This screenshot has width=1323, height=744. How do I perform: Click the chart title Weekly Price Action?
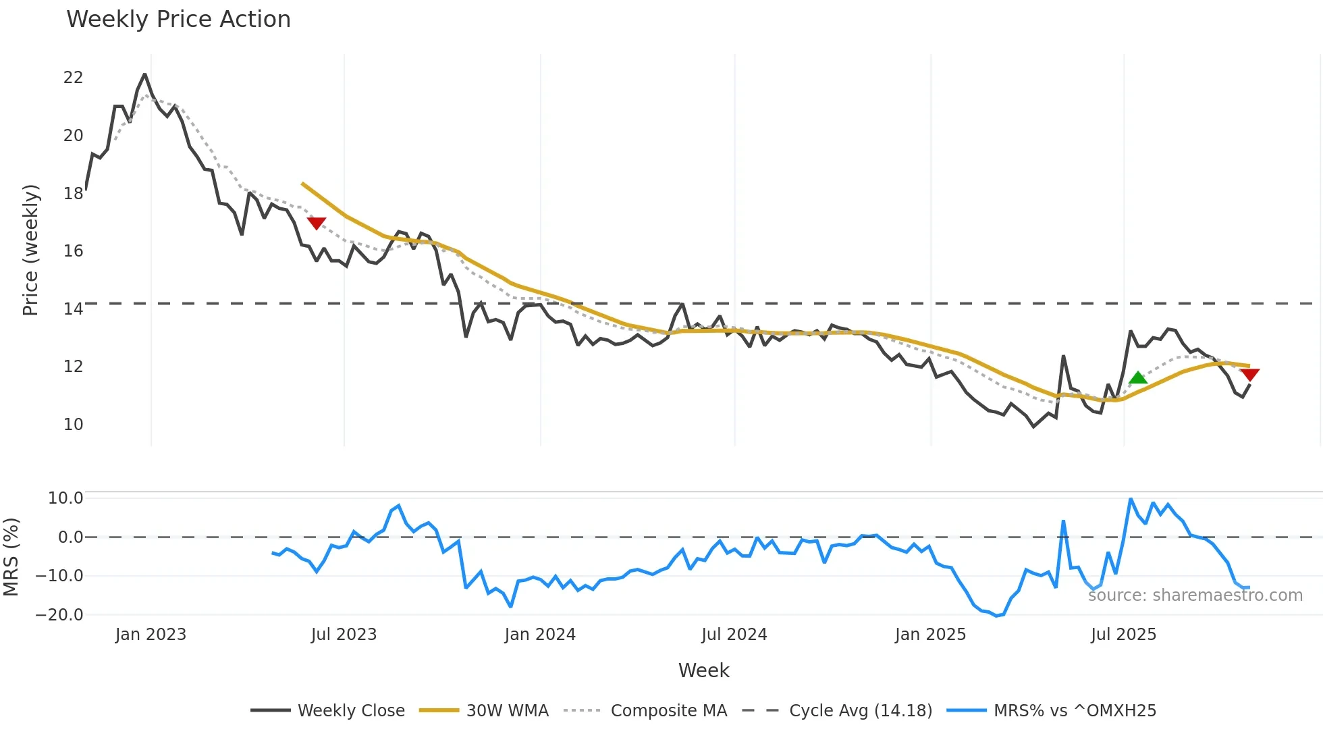click(178, 20)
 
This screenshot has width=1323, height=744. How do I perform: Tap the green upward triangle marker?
click(1138, 377)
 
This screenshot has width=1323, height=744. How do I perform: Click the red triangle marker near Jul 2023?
click(317, 223)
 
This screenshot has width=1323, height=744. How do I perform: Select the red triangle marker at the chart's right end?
click(1249, 375)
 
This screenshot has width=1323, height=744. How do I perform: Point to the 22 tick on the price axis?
click(73, 78)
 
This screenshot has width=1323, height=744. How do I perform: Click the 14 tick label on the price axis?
click(73, 309)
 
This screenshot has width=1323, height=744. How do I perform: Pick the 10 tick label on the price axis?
click(73, 425)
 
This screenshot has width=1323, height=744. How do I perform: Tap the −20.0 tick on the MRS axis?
click(59, 615)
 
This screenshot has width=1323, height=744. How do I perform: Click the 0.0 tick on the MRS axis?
click(70, 537)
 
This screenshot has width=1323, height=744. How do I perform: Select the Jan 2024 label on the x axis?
click(540, 635)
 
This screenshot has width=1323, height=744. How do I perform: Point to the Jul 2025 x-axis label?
click(1123, 635)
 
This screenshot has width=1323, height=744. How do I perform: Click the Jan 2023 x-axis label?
click(151, 635)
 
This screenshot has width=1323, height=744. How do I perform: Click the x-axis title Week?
click(703, 670)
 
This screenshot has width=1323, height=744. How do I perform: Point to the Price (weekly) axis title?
click(30, 250)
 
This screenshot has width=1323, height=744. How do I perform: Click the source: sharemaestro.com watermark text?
click(1195, 595)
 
